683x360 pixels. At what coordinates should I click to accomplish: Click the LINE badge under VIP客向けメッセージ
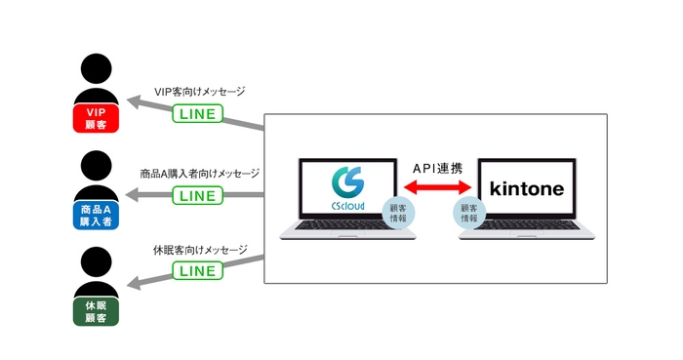[198, 114]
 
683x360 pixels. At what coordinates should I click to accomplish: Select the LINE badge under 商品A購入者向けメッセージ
[198, 195]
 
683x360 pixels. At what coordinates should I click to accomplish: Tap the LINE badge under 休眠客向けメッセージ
[198, 270]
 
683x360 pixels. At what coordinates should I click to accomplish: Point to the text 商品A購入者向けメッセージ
[199, 174]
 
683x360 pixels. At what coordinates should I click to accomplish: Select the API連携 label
[437, 169]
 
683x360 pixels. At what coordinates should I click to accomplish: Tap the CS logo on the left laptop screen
[347, 182]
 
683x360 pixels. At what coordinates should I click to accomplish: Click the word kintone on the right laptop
[528, 188]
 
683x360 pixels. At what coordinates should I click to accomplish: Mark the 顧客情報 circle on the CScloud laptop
[397, 213]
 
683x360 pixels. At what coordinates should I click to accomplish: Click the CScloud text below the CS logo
[348, 208]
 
